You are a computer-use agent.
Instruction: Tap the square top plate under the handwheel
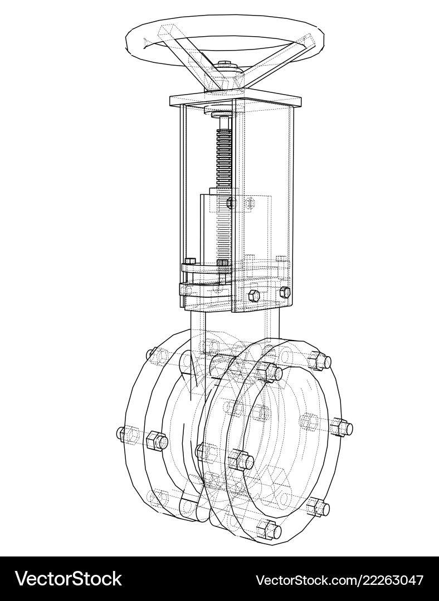pos(237,101)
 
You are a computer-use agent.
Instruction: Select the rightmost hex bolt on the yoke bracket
pos(285,292)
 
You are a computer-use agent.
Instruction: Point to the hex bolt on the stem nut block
pos(231,203)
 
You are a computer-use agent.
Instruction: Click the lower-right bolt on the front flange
pos(319,507)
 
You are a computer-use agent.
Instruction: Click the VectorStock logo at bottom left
pos(68,579)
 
